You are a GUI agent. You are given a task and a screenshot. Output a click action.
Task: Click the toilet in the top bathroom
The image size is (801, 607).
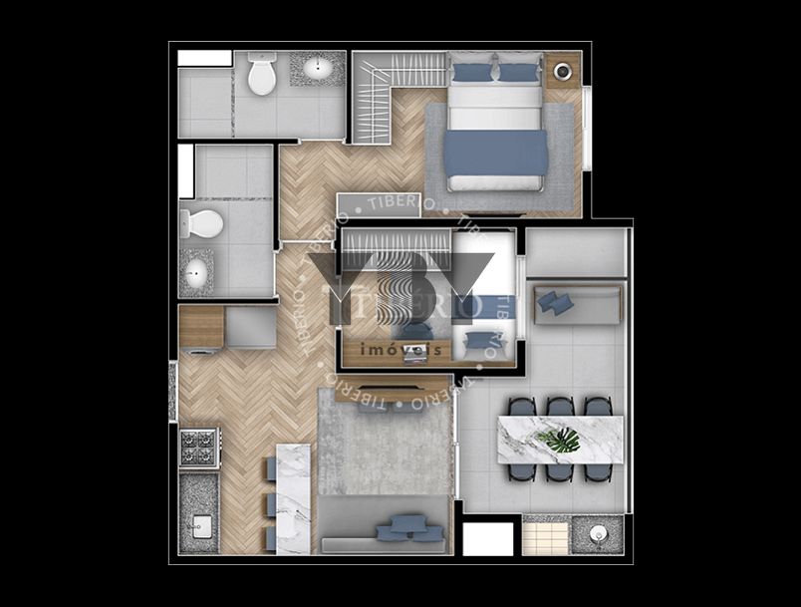262,75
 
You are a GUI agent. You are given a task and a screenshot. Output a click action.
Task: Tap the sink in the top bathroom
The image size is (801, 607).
319,69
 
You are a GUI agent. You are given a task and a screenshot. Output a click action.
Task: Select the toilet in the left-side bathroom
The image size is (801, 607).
203,223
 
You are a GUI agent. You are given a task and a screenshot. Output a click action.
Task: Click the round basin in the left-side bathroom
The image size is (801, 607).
196,272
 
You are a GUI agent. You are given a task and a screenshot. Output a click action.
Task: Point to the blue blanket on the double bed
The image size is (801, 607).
495,153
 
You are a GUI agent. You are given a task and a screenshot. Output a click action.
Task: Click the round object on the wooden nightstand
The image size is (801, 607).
563,72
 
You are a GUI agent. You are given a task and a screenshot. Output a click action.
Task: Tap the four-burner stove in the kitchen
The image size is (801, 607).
199,449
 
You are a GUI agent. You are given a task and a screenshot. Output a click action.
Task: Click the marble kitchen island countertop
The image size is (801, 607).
293,497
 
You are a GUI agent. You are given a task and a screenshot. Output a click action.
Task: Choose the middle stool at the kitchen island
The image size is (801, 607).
271,503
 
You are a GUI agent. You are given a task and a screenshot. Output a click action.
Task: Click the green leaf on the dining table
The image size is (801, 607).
560,439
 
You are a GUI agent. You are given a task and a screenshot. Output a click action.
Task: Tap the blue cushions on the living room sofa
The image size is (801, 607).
408,527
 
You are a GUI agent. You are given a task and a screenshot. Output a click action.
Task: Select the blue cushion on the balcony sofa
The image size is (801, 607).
554,302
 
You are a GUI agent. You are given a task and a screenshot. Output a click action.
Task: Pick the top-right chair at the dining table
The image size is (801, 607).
597,407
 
